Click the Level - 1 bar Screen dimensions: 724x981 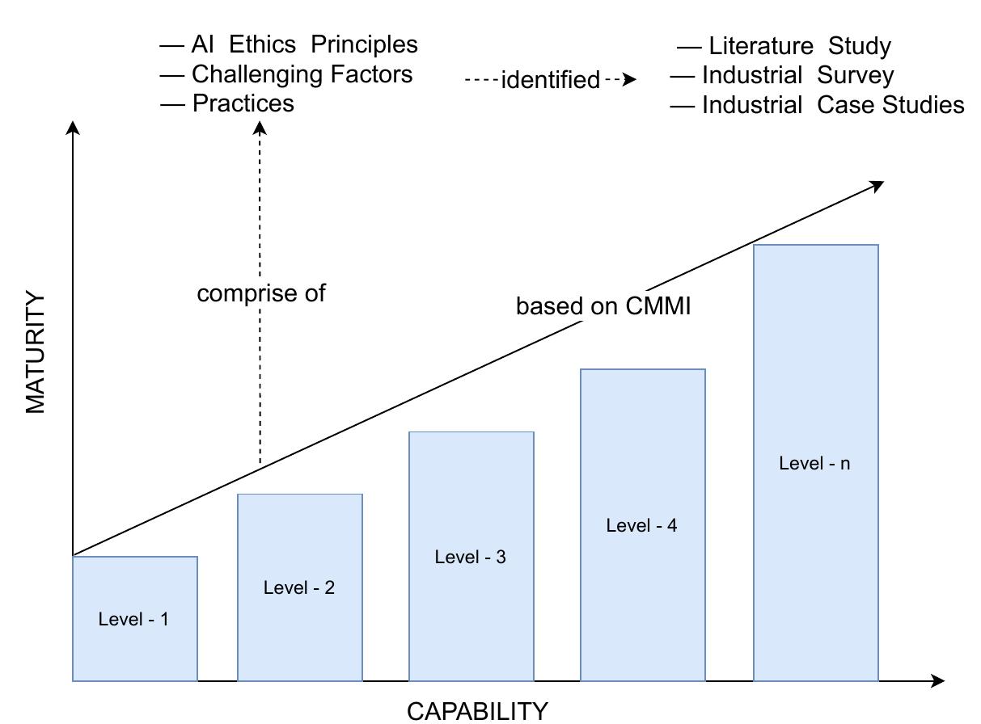[135, 619]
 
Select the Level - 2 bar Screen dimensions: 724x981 [299, 587]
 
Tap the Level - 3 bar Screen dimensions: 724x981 [471, 557]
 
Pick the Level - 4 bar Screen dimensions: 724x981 [642, 525]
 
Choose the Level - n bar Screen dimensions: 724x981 [815, 463]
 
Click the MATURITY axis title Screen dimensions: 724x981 [36, 353]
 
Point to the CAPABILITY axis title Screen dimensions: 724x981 [477, 711]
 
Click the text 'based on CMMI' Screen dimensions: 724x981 [603, 306]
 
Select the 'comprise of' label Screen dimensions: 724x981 [261, 293]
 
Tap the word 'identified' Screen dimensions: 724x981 [551, 80]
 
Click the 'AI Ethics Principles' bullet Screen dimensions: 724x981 [304, 44]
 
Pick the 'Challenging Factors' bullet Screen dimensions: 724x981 [302, 74]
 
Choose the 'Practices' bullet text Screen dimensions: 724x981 [243, 103]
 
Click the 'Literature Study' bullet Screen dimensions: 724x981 [799, 46]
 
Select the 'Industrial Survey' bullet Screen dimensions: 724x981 [797, 75]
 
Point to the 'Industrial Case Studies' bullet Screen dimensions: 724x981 [832, 105]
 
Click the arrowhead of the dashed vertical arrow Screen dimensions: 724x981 [260, 127]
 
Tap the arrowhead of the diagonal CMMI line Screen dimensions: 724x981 [877, 186]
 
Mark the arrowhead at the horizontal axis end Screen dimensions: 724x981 [937, 681]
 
